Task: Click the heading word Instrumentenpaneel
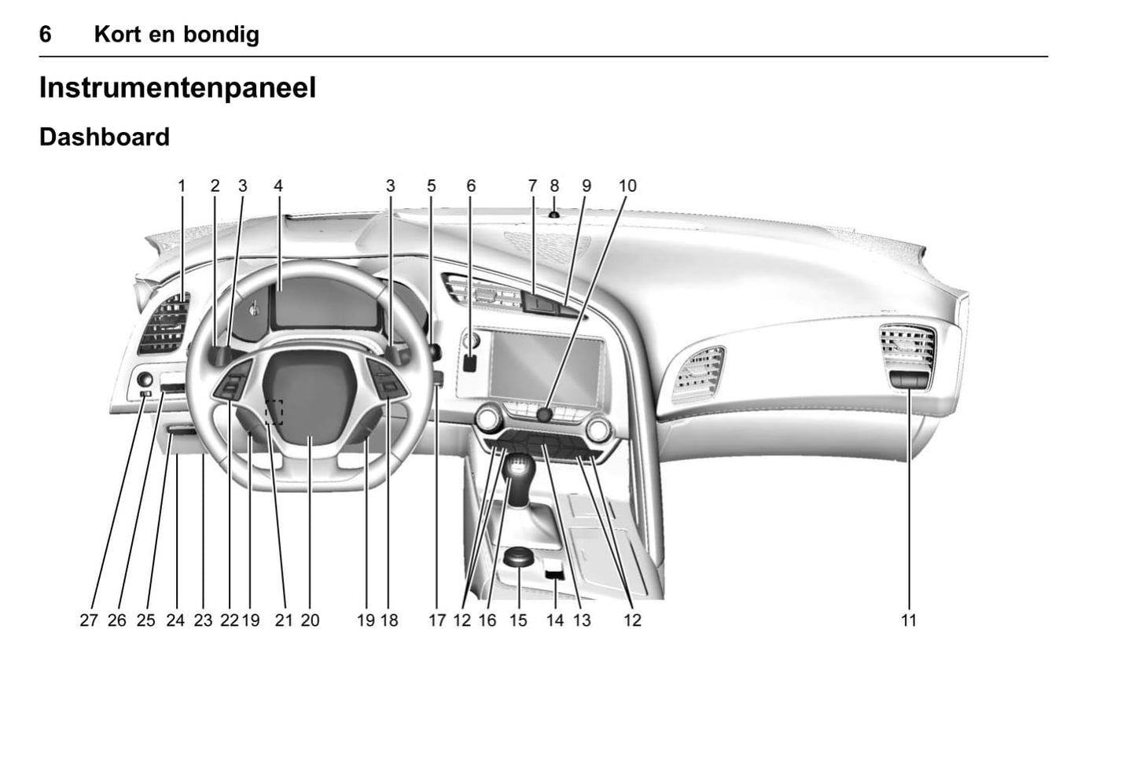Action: click(x=178, y=88)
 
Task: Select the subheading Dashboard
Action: click(x=105, y=137)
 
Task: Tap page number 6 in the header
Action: click(x=45, y=35)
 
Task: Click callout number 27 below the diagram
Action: click(x=88, y=620)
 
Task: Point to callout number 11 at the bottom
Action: click(x=908, y=620)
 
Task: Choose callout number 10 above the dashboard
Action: click(x=627, y=186)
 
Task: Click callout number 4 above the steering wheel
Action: click(x=278, y=186)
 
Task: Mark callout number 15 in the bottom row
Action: click(x=518, y=620)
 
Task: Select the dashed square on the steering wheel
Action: click(x=274, y=411)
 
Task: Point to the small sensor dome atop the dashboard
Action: click(x=553, y=215)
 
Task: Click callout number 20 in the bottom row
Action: click(x=310, y=620)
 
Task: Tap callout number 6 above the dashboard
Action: click(x=471, y=186)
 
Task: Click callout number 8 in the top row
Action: click(x=554, y=186)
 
